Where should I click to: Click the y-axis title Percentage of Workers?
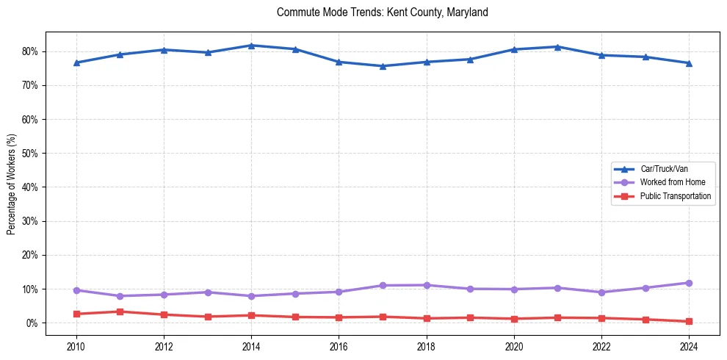(11, 184)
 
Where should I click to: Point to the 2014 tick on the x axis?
(251, 345)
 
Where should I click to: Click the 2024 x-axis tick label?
(689, 345)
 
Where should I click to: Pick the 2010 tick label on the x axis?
(76, 345)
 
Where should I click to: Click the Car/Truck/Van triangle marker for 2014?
(251, 46)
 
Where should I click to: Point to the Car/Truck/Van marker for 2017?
(383, 66)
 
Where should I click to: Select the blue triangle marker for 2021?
(557, 47)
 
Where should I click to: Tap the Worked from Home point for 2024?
(689, 283)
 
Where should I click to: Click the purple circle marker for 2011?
(120, 296)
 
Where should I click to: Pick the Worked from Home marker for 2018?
(426, 285)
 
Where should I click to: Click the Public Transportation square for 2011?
(120, 312)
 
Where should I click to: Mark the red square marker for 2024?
(689, 321)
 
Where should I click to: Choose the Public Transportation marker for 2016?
(339, 317)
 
